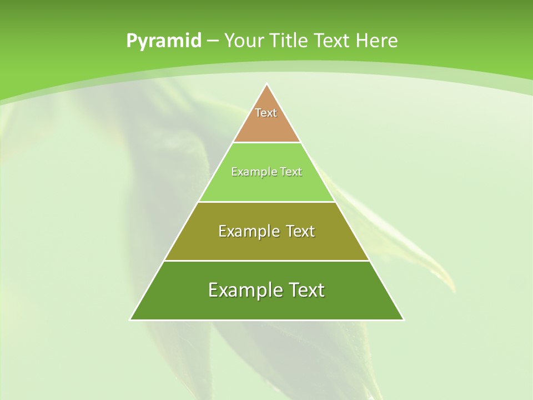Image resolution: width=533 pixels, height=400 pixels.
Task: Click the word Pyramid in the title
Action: tap(164, 41)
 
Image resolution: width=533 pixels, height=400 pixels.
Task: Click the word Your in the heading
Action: tap(244, 41)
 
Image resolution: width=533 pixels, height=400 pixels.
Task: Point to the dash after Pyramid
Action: tap(213, 41)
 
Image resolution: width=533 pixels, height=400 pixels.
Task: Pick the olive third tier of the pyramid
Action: tap(266, 244)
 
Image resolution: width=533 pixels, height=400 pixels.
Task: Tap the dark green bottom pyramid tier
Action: tap(266, 306)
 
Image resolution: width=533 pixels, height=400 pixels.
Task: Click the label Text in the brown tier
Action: tap(266, 113)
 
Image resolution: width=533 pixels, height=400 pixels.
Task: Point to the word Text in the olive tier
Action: tap(300, 231)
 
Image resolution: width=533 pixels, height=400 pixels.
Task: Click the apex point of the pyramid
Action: tap(266, 84)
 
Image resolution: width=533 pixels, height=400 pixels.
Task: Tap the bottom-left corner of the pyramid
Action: tap(130, 319)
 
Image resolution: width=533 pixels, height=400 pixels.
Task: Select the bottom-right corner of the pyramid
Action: tap(403, 319)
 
